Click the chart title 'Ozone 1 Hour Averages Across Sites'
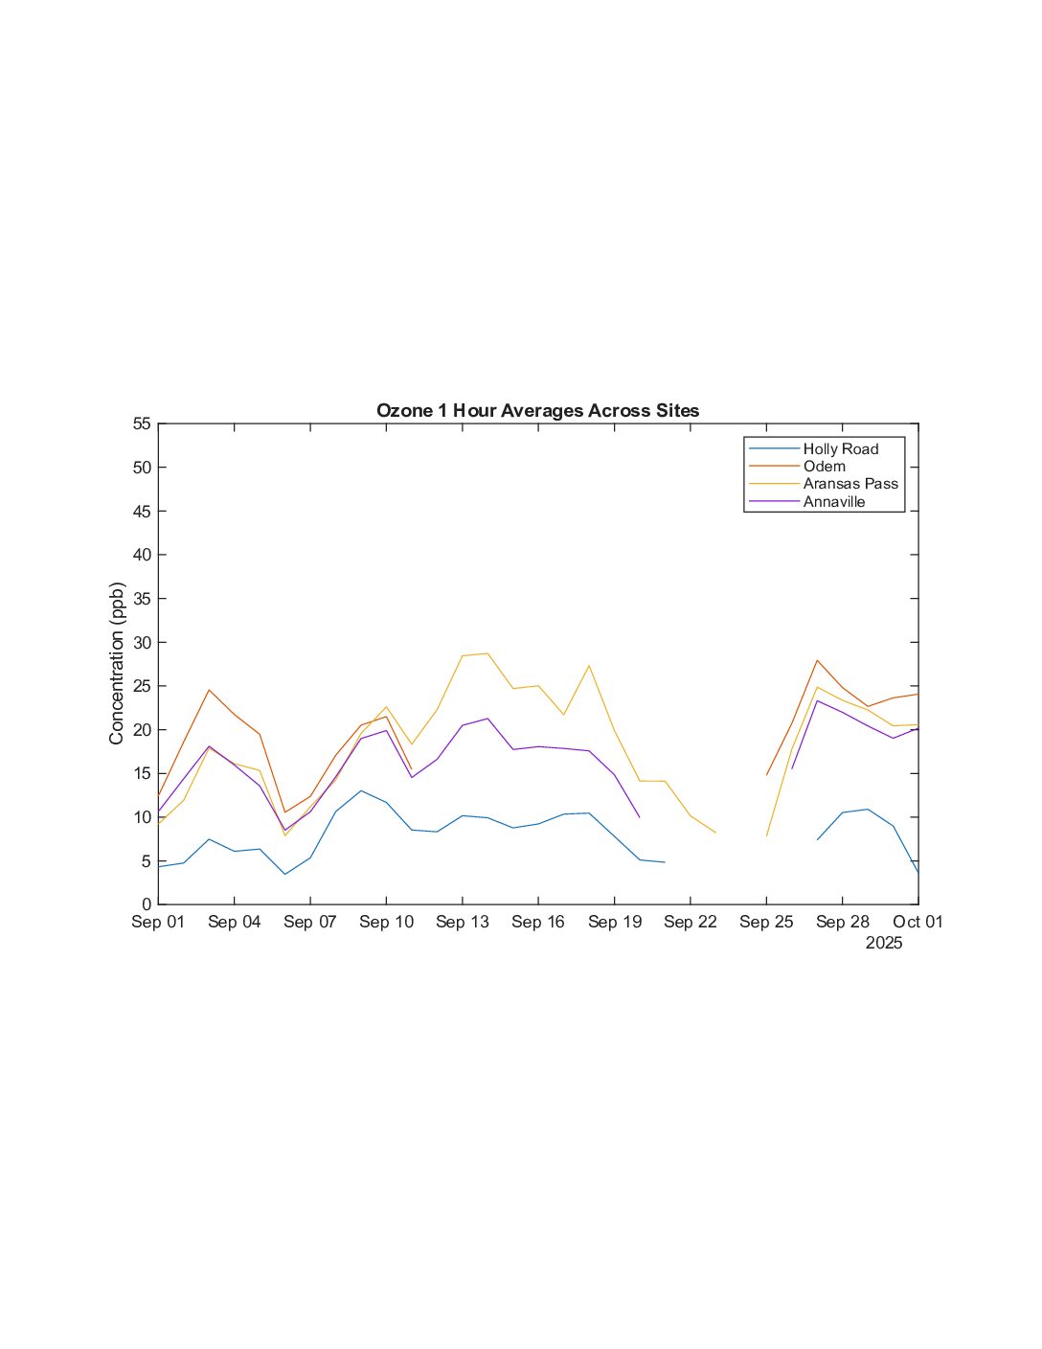537,411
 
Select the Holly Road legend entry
840,448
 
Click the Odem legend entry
824,466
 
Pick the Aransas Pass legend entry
850,484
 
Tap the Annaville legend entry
833,501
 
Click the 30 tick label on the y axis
142,642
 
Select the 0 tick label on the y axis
147,904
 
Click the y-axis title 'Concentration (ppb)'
117,663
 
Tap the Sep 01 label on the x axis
158,922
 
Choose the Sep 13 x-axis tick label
462,922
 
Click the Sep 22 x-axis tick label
690,922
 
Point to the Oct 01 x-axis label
917,922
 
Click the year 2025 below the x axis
883,943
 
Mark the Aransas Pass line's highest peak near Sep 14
487,653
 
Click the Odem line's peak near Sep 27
817,660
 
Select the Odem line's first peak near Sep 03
209,690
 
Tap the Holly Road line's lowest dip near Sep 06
284,874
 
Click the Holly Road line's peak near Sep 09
361,790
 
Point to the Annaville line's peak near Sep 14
487,719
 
